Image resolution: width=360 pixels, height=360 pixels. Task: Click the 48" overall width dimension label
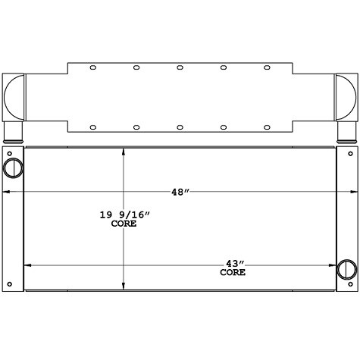tap(179, 193)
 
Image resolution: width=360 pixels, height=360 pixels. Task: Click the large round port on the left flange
tap(14, 167)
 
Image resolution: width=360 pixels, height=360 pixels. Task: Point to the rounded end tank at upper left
tap(14, 99)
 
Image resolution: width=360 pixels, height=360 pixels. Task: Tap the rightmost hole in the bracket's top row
tap(267, 67)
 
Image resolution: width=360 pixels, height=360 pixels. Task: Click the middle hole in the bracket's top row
tap(180, 67)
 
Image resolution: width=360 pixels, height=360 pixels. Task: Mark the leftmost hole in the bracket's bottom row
tap(93, 127)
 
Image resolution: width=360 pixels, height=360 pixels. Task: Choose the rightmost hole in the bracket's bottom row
tap(267, 127)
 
